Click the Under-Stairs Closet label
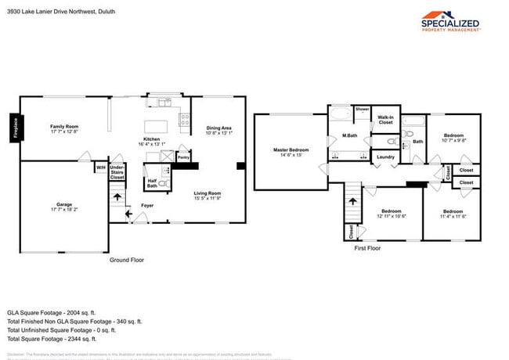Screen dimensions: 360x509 (117, 171)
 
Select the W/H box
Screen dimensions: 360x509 (100, 167)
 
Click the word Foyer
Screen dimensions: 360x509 (146, 206)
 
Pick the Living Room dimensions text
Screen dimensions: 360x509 (208, 198)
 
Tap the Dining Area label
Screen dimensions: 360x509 (218, 131)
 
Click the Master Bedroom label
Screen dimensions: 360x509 (291, 152)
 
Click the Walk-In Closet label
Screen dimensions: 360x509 (385, 120)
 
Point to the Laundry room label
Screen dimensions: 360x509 (384, 157)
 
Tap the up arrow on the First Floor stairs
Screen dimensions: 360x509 (352, 201)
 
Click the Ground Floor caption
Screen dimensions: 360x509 (126, 260)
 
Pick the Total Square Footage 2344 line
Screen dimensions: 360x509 (52, 339)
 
